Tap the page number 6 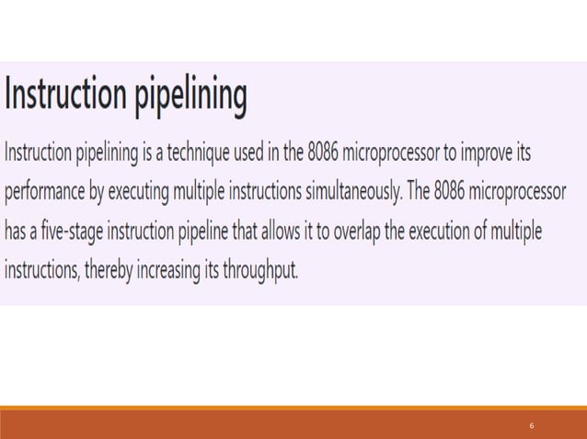(532, 426)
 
